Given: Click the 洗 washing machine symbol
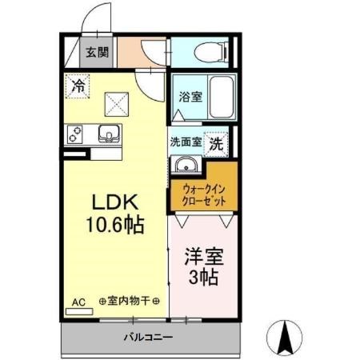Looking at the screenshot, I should point(216,144).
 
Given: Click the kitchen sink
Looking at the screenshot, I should point(108,134).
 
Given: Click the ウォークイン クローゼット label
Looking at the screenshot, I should point(203,194).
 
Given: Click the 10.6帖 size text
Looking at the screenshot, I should point(117,225).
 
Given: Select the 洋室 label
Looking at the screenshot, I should point(203,260).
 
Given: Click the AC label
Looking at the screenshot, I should point(78,302).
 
